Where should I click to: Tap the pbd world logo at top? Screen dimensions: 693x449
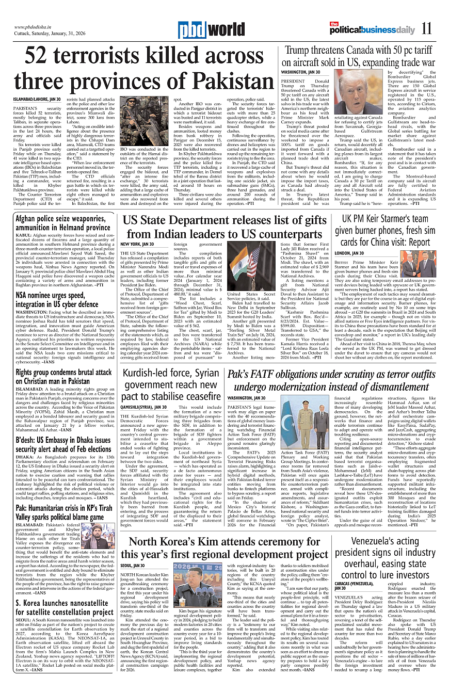204,30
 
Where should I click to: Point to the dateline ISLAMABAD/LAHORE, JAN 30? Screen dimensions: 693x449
37,99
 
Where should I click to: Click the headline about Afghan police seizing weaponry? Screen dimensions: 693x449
62,223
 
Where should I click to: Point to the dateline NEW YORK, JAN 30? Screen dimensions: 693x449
137,244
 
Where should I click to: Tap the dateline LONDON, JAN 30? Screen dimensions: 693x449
349,253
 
